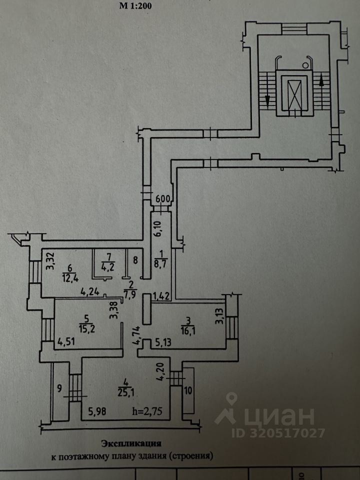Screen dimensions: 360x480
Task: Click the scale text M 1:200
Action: coord(135,6)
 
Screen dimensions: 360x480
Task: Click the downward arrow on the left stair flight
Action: coord(268,99)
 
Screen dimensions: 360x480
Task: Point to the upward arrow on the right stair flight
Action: coord(321,78)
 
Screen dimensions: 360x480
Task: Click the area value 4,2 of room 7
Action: coord(107,266)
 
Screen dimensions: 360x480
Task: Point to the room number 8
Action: coord(135,260)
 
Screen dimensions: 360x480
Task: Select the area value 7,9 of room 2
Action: coord(130,293)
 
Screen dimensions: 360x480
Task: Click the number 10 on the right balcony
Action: coord(188,390)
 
